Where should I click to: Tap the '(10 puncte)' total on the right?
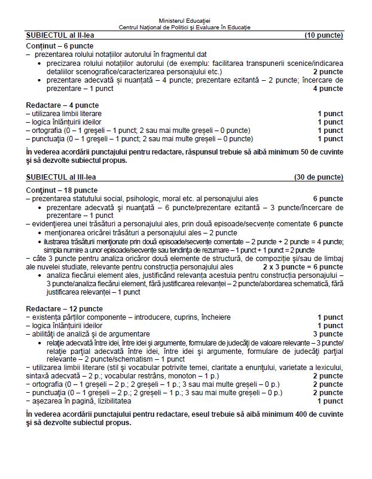click(324, 36)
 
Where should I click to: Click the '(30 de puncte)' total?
click(318, 177)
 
